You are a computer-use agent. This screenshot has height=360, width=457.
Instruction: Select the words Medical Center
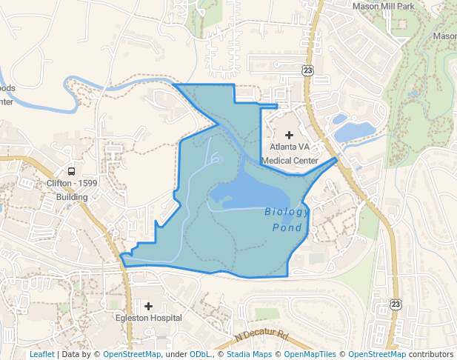coord(290,160)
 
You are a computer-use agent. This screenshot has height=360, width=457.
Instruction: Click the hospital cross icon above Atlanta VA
coord(289,134)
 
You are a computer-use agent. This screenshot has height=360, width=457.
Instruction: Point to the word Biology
coord(287,212)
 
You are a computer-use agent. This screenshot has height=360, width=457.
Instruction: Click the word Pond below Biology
coord(287,227)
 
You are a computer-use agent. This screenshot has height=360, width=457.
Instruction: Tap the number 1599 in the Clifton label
coord(85,184)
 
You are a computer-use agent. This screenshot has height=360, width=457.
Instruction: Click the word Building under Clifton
coord(72,197)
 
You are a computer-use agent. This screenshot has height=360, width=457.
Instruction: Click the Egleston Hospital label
coord(148,318)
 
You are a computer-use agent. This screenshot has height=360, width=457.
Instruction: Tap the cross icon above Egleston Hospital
coord(148,305)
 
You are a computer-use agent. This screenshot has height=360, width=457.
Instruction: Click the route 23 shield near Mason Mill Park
coord(307,70)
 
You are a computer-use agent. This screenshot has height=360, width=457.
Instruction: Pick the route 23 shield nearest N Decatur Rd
coord(396,304)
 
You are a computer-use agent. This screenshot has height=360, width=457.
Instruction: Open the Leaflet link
coord(42,354)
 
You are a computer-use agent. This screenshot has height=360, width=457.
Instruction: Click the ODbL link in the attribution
coord(201,354)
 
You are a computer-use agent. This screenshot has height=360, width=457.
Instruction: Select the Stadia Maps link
coord(248,354)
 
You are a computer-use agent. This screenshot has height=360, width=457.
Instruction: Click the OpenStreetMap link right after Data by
coord(131,354)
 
